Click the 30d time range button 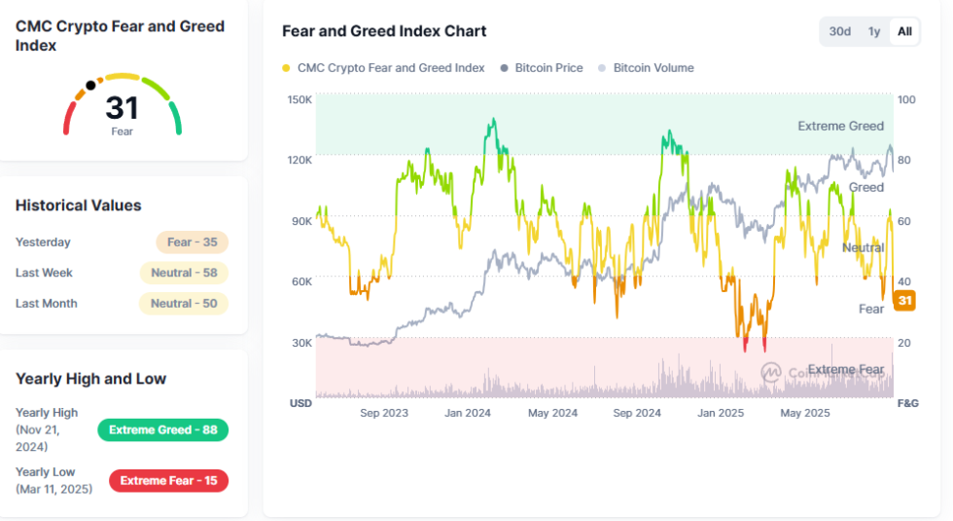point(840,31)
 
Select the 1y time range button point(874,31)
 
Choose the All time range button point(904,31)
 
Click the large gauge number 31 point(123,108)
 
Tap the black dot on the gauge point(90,86)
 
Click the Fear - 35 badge point(193,242)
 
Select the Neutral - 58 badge point(184,273)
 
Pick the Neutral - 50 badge point(184,303)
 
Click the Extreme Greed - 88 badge point(163,429)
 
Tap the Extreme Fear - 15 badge point(168,481)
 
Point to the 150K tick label point(300,99)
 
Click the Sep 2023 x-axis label point(384,413)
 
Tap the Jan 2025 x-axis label point(721,413)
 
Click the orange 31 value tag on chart point(904,300)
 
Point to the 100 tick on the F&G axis point(906,99)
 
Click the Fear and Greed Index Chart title point(384,31)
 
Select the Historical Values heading point(79,205)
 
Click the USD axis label point(300,403)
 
